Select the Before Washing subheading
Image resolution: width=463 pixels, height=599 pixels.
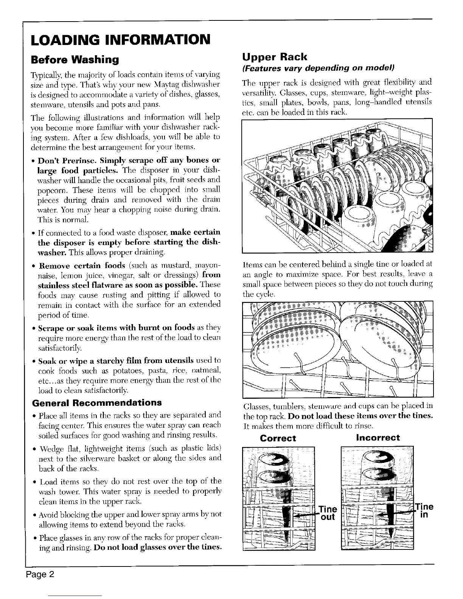point(75,59)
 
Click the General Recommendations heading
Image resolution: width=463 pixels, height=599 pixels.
point(97,402)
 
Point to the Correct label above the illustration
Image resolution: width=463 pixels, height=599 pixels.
point(278,438)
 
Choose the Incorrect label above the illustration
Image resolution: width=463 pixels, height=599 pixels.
point(378,438)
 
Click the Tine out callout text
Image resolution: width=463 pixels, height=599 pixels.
point(328,512)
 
